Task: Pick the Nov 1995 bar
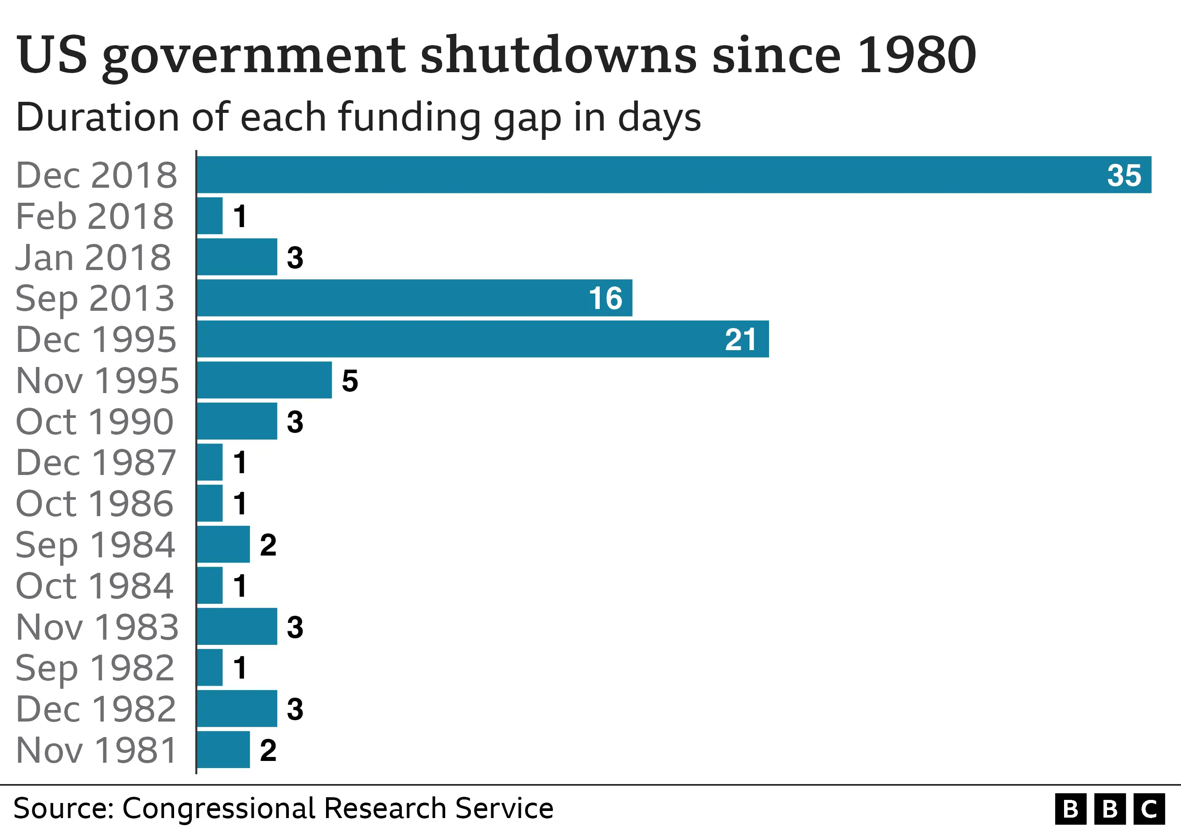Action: point(264,380)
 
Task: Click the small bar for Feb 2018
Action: point(210,216)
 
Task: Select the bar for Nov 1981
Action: point(223,750)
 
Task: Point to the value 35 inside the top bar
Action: point(1124,176)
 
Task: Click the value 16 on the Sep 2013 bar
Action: point(606,299)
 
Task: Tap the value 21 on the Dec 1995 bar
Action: point(741,340)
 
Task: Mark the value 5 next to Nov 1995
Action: point(350,381)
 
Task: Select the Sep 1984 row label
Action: point(95,545)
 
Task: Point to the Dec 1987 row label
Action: point(96,463)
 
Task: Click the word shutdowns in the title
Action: point(559,55)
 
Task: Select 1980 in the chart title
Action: point(917,55)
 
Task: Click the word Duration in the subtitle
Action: point(98,117)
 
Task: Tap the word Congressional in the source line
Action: point(218,808)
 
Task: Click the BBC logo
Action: point(1110,809)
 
